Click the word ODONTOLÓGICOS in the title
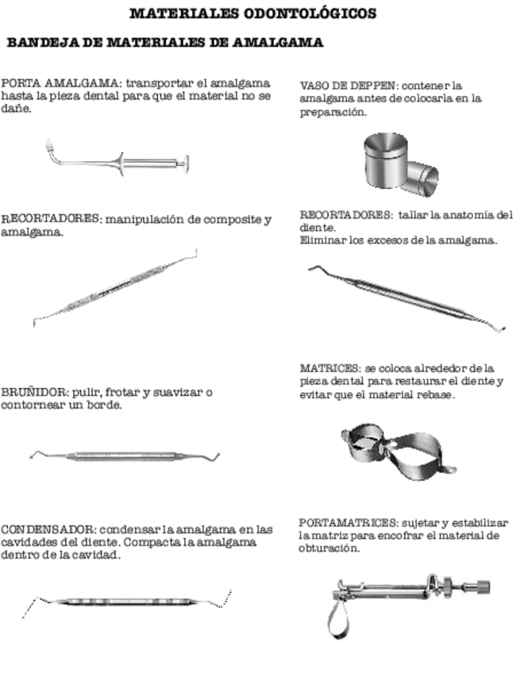[x=310, y=13]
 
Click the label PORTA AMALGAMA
[x=60, y=83]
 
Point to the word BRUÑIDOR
[x=33, y=392]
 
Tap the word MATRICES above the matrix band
[x=330, y=368]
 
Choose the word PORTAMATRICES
[x=348, y=523]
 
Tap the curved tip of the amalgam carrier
[x=50, y=148]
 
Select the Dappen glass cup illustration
[x=400, y=165]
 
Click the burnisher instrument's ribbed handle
[x=122, y=456]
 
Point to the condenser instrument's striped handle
[x=125, y=602]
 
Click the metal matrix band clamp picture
[x=398, y=452]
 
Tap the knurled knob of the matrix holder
[x=483, y=586]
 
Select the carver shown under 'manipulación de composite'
[x=114, y=287]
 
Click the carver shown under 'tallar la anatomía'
[x=407, y=299]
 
